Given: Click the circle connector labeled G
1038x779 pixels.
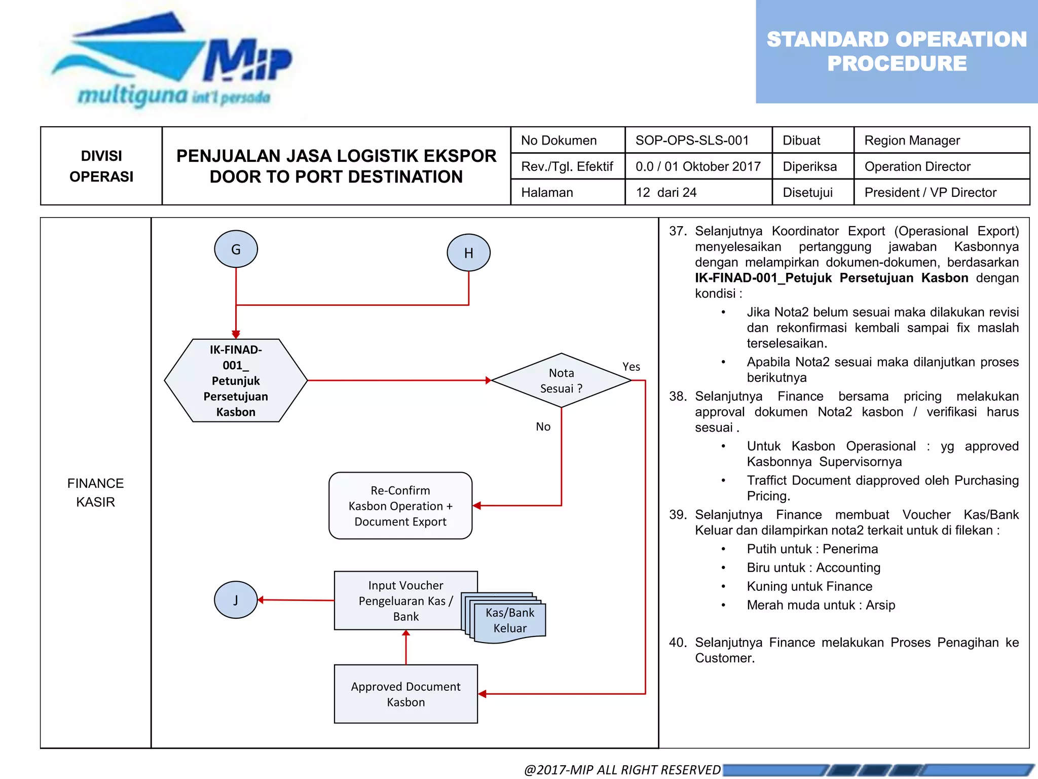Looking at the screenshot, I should (x=236, y=249).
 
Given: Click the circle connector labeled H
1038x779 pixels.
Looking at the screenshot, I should (x=468, y=253).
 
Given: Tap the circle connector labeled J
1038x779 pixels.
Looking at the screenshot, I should (x=236, y=600).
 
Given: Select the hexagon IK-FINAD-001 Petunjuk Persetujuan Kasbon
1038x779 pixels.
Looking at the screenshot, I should (x=236, y=380).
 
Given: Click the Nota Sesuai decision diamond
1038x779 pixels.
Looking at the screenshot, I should (x=561, y=380).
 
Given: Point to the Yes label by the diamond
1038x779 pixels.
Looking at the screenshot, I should (x=631, y=367).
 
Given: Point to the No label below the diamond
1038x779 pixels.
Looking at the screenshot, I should (x=543, y=427).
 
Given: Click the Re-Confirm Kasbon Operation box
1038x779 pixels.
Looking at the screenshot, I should (x=400, y=506).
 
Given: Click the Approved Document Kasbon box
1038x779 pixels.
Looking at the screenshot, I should (x=405, y=694).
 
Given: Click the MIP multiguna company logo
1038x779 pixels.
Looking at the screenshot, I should (x=172, y=61).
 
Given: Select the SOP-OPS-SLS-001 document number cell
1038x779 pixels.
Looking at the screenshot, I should (x=692, y=140).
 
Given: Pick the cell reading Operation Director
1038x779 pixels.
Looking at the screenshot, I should (x=917, y=166).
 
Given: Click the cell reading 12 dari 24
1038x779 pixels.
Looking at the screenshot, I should (x=666, y=193).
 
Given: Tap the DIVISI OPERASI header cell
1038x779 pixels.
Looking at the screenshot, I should (x=101, y=166).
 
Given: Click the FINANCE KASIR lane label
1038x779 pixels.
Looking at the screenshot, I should (x=95, y=492).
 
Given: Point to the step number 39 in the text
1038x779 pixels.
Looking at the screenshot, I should (x=678, y=515).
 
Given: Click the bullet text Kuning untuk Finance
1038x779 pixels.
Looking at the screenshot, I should (x=809, y=586).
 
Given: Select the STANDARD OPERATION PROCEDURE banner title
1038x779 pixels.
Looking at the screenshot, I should (x=896, y=51).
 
